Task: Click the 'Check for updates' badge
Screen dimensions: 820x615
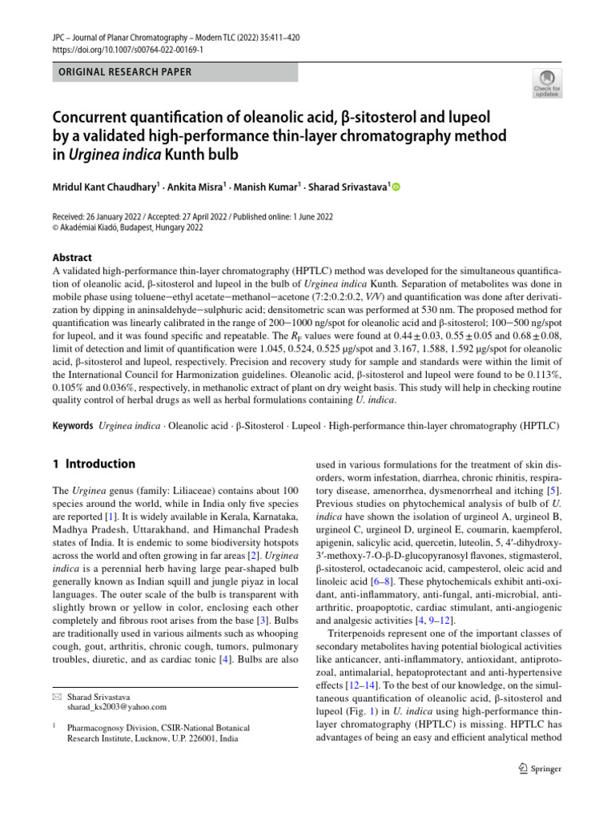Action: tap(547, 83)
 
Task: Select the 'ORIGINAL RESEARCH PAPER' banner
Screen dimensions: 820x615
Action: tap(174, 72)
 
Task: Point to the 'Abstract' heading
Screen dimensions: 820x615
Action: tap(72, 258)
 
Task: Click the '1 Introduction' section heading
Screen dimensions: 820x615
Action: tap(94, 464)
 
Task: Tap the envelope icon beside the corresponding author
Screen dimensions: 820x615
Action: tap(56, 695)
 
